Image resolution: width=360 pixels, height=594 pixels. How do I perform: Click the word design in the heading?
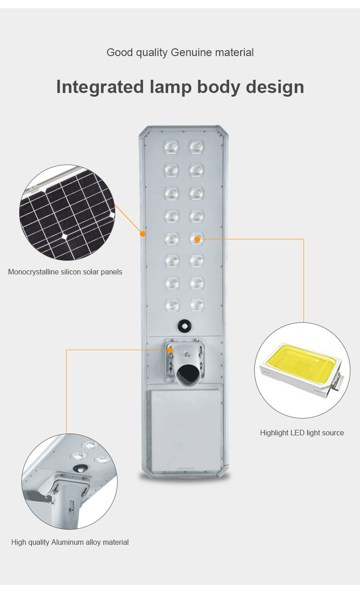click(275, 87)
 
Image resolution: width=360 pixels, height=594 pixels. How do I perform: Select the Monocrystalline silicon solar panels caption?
click(65, 272)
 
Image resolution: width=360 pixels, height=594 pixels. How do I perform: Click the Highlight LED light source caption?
click(302, 433)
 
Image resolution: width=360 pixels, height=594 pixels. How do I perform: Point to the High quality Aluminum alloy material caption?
click(70, 542)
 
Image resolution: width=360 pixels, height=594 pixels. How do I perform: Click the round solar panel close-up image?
click(67, 212)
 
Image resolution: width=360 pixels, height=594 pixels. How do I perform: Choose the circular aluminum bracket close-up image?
click(69, 481)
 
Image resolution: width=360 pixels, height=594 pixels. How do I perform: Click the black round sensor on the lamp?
click(185, 325)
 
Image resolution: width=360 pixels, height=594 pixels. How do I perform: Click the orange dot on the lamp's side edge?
click(143, 234)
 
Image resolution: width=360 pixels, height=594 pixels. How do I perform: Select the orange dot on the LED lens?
click(197, 238)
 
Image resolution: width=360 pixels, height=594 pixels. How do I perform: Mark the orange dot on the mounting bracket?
click(170, 350)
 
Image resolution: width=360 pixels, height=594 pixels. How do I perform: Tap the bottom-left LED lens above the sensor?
click(172, 305)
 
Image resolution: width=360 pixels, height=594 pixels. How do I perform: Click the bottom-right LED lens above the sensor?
click(197, 305)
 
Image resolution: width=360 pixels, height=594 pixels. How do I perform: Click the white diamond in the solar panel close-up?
click(64, 236)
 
